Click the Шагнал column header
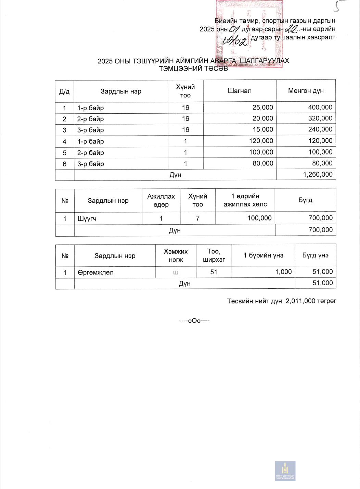[240, 91]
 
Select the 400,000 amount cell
[320, 107]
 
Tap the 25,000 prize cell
[262, 107]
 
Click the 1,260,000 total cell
[318, 174]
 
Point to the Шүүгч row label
[87, 218]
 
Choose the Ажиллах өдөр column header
[161, 200]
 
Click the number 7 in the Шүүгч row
[197, 218]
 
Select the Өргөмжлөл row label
[95, 272]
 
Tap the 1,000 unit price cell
[283, 272]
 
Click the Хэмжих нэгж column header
[176, 255]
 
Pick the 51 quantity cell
[214, 272]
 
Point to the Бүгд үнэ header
[315, 255]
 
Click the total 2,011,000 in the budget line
[300, 301]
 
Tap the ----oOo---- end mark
[194, 321]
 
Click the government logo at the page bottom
[285, 471]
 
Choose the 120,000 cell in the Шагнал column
[261, 141]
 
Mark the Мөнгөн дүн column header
[306, 91]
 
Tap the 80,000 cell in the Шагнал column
[263, 163]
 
